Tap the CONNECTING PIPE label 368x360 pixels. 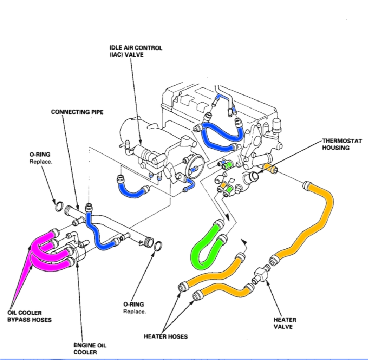pyautogui.click(x=77, y=112)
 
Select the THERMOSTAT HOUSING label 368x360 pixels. pyautogui.click(x=342, y=144)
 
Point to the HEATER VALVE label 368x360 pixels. pyautogui.click(x=285, y=323)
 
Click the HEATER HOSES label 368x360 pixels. pyautogui.click(x=165, y=336)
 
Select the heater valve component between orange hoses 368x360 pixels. pyautogui.click(x=260, y=275)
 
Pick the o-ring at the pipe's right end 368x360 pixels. pyautogui.click(x=158, y=245)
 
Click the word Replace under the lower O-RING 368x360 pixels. pyautogui.click(x=134, y=311)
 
